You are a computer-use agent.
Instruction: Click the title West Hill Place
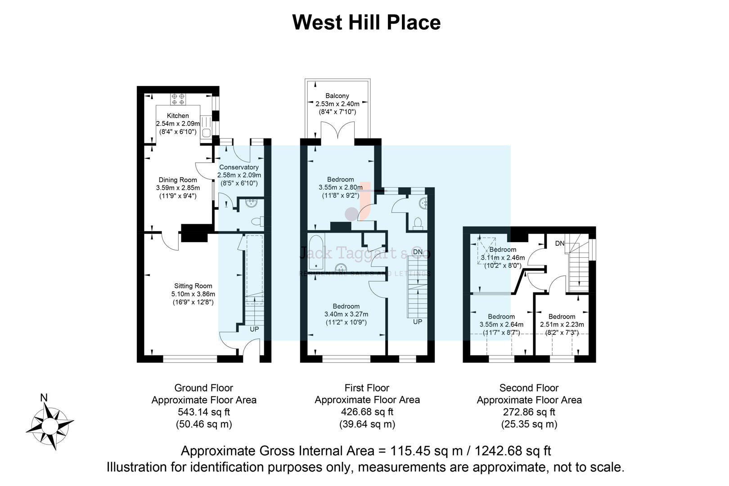click(366, 22)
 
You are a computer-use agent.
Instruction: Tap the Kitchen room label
click(178, 116)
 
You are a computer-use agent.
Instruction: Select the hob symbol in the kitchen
click(178, 99)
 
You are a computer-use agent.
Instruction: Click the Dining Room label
click(178, 180)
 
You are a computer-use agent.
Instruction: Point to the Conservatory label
click(239, 167)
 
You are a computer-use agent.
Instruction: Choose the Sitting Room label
click(193, 286)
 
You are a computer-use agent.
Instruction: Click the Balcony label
click(337, 96)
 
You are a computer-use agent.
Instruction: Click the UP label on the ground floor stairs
click(254, 329)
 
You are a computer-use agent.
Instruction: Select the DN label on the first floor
click(418, 252)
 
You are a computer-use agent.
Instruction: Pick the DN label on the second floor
click(559, 243)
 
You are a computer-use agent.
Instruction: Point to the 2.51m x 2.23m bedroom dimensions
click(562, 324)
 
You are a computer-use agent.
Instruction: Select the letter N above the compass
click(44, 398)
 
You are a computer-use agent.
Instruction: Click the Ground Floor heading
click(203, 388)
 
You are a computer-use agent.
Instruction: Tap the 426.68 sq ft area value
click(367, 412)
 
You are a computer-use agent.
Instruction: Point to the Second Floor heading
click(529, 388)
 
